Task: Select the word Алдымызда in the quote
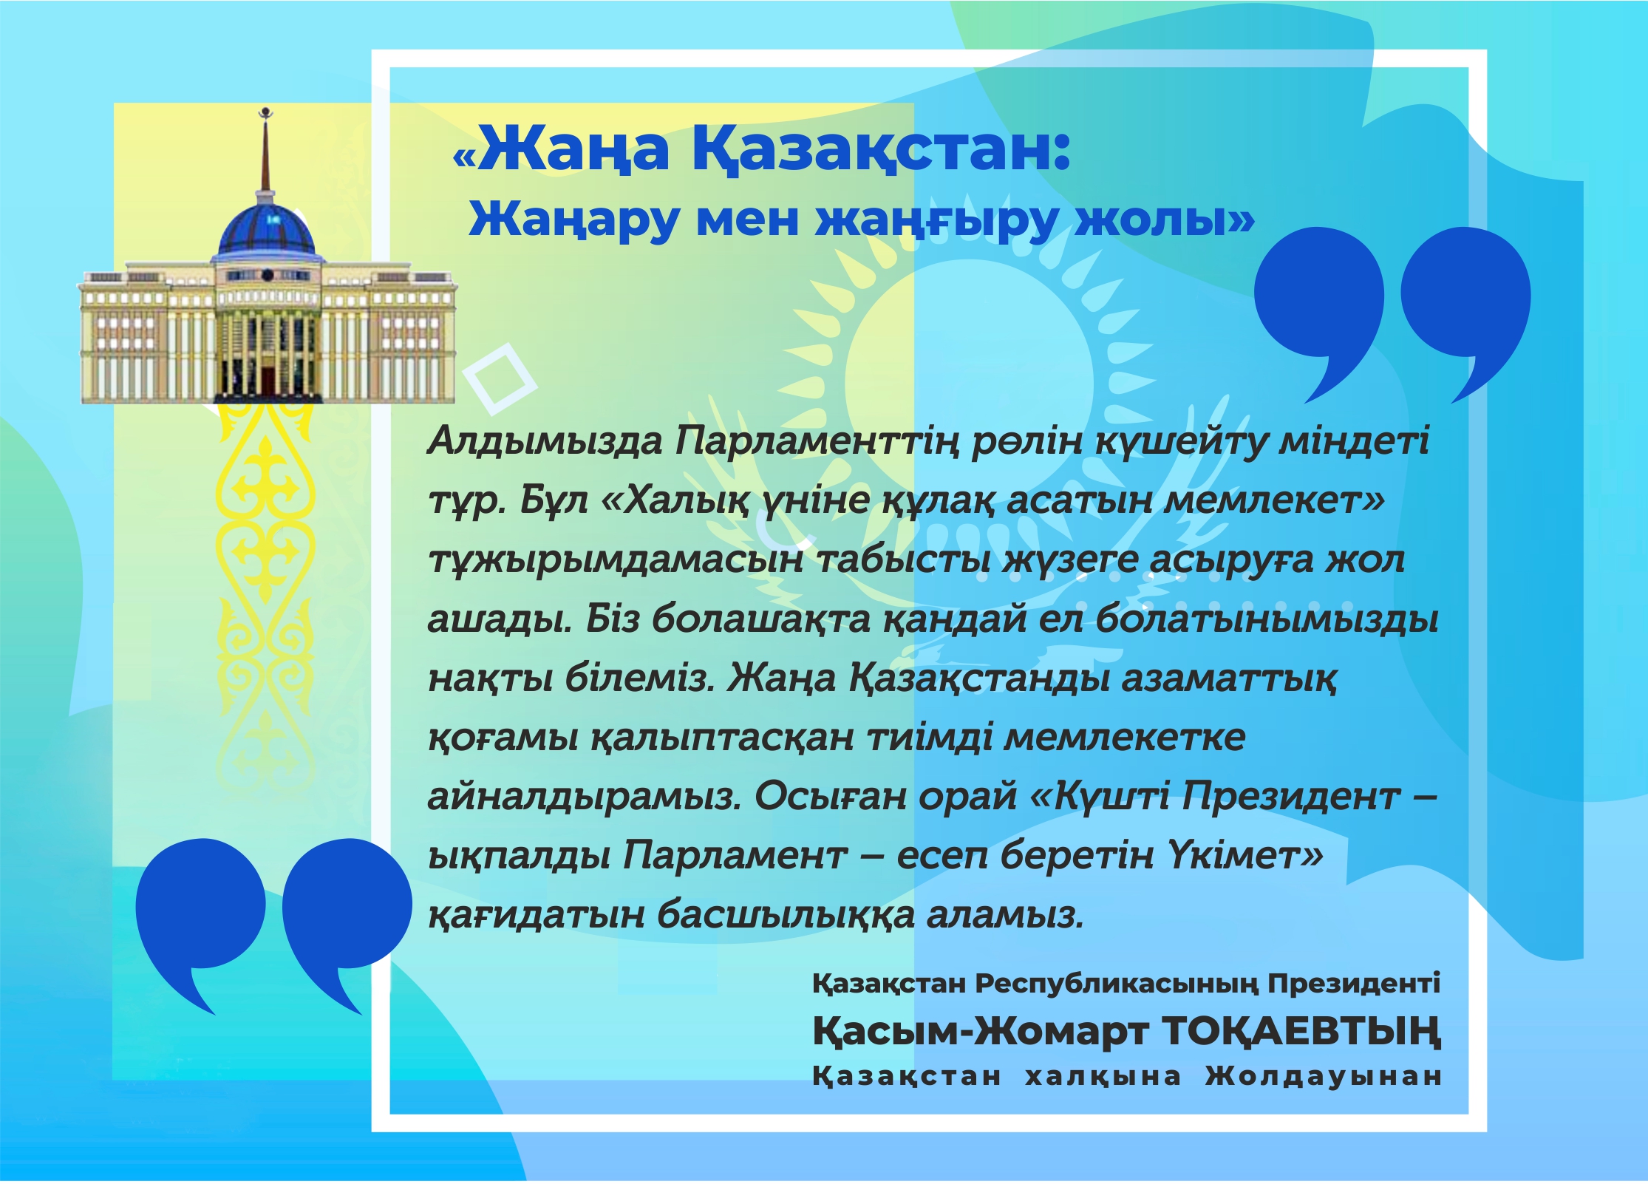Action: (x=545, y=442)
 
